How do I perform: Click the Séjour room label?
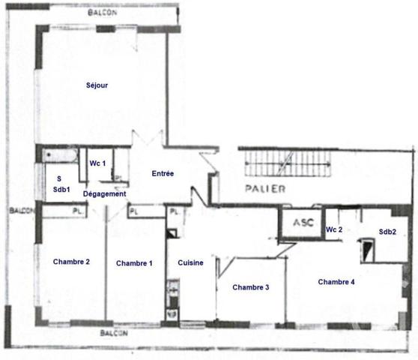point(97,85)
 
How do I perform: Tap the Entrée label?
point(163,173)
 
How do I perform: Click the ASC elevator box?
point(302,223)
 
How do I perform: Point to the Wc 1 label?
point(98,163)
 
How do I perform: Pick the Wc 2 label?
point(335,229)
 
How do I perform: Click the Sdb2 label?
point(387,232)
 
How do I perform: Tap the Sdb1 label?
point(61,190)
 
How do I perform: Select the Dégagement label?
point(104,193)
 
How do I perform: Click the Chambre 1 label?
point(134,263)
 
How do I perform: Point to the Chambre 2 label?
point(72,262)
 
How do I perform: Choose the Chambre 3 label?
point(251,287)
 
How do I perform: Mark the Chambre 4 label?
point(336,282)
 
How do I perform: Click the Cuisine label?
point(190,263)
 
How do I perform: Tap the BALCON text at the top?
point(101,13)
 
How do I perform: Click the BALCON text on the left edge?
point(22,211)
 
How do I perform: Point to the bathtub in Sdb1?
point(61,155)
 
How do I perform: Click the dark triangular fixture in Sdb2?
point(368,250)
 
